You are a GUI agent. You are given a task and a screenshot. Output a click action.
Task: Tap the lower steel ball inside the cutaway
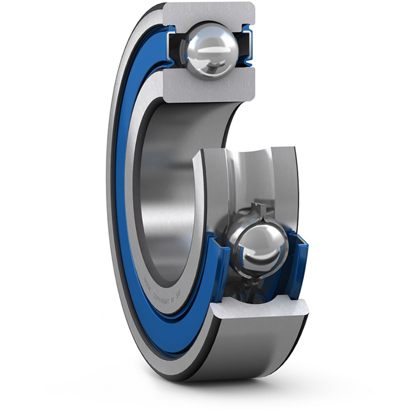coord(260,247)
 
